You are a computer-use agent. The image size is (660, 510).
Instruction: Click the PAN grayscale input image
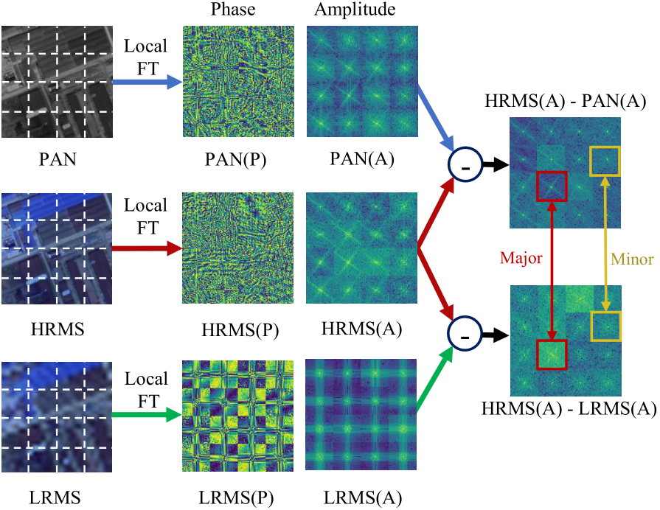click(57, 82)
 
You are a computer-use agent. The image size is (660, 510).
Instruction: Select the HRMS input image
click(57, 248)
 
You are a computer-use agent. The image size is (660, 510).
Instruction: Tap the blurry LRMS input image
click(57, 415)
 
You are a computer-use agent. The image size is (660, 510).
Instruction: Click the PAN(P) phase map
click(238, 82)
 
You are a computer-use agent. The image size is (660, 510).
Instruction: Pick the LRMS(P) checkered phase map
click(238, 415)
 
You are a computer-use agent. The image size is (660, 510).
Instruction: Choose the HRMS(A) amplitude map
click(362, 248)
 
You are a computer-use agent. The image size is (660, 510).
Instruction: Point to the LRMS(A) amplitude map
click(362, 415)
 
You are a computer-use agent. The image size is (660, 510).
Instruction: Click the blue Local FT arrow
click(146, 82)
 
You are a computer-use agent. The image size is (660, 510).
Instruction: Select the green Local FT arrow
click(146, 415)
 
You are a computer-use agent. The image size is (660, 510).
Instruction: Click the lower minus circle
click(465, 335)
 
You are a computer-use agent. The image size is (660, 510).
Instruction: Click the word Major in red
click(521, 259)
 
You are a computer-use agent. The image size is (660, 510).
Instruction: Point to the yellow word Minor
click(632, 259)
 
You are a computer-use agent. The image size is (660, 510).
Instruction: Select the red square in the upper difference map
click(553, 186)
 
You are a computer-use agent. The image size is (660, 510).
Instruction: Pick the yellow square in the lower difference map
click(607, 326)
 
